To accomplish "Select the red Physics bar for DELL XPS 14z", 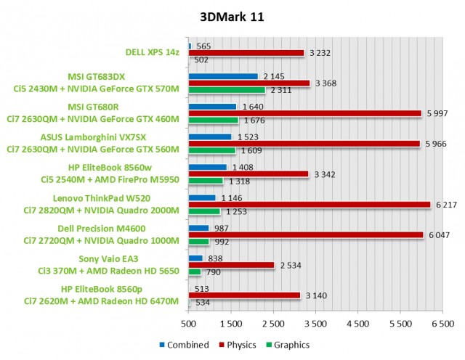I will pyautogui.click(x=246, y=53).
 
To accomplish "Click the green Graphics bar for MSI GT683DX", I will pyautogui.click(x=227, y=91).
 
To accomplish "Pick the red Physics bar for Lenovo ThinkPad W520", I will pyautogui.click(x=310, y=205).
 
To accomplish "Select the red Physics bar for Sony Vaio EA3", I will pyautogui.click(x=231, y=266).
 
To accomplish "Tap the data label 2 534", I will pyautogui.click(x=289, y=266).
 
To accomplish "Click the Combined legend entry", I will pyautogui.click(x=179, y=345).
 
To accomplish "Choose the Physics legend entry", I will pyautogui.click(x=232, y=345).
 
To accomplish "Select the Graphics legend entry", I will pyautogui.click(x=288, y=345).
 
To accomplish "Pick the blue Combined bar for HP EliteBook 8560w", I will pyautogui.click(x=207, y=167).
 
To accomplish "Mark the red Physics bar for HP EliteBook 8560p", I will pyautogui.click(x=244, y=295).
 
